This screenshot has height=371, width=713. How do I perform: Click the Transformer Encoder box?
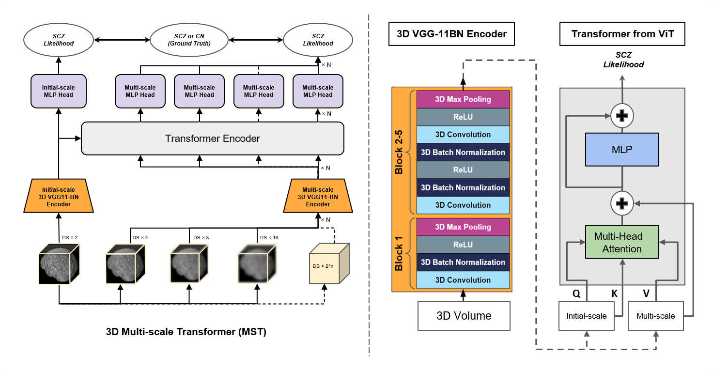click(212, 139)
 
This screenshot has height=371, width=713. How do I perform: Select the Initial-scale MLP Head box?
click(59, 91)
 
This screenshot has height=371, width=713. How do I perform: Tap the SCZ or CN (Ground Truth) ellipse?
click(189, 40)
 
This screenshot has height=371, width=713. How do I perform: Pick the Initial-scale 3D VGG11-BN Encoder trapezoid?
click(59, 197)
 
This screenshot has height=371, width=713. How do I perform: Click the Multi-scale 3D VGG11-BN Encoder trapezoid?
click(318, 197)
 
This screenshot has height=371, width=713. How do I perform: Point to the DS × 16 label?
click(269, 238)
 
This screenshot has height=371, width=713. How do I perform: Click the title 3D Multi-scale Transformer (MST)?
click(186, 332)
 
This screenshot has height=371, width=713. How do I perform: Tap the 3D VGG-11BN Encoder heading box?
click(451, 34)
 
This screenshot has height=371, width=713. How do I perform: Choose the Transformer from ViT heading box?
click(622, 34)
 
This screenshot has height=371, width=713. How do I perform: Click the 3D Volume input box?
click(464, 316)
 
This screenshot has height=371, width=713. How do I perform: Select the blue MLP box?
click(622, 149)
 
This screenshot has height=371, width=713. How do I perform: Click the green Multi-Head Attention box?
click(622, 243)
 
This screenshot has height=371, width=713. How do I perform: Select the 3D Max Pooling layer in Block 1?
click(463, 227)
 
